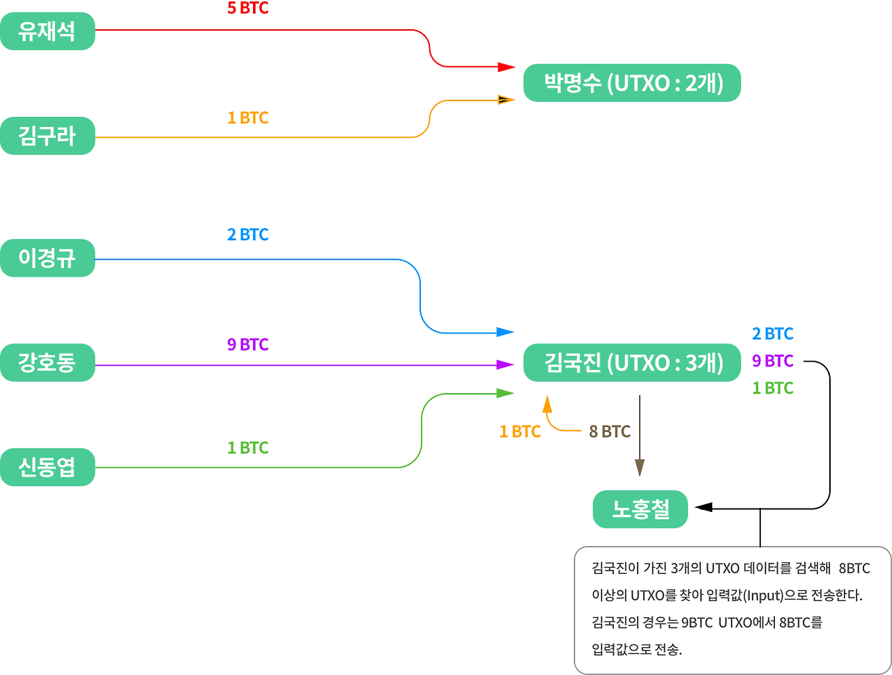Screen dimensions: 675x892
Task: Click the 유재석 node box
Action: coord(47,31)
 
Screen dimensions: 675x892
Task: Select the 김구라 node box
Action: coord(47,136)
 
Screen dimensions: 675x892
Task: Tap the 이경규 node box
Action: coord(47,258)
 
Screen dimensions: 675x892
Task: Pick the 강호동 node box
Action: coord(47,362)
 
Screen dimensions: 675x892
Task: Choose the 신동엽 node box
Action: coord(47,467)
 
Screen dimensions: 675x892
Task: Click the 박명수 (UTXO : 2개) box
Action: coord(632,84)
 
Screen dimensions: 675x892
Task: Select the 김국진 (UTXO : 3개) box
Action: coord(632,363)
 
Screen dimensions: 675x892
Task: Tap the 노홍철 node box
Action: coord(640,509)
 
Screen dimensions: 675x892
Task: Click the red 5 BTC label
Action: coord(247,9)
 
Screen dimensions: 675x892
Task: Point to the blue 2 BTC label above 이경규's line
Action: coord(247,235)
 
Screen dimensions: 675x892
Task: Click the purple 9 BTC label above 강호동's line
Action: coord(247,345)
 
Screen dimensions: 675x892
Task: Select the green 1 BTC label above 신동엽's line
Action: coord(247,448)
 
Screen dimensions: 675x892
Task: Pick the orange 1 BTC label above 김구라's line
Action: coord(247,118)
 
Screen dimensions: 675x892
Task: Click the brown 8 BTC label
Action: coord(609,432)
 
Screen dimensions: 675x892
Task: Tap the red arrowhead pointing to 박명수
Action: coord(507,68)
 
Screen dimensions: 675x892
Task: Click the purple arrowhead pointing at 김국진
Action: coord(505,364)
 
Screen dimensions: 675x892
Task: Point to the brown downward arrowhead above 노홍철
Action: coord(640,467)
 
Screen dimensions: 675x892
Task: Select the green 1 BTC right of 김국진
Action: coord(772,388)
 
